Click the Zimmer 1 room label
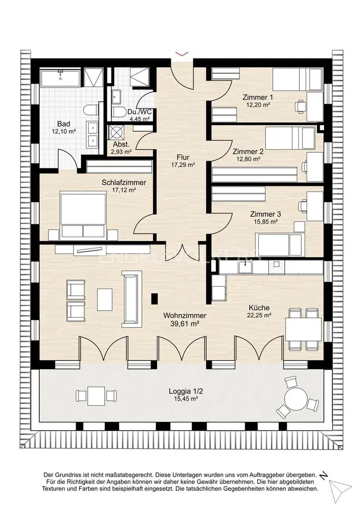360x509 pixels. coord(258,97)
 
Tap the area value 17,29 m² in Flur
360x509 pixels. coord(183,165)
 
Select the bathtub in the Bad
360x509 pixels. coord(61,78)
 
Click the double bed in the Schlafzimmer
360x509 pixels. coord(84,215)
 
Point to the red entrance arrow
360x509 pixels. coord(182,54)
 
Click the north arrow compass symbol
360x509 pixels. coord(339,487)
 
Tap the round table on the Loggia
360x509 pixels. coord(295,399)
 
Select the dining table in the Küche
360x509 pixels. coord(303,329)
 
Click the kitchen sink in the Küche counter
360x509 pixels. coord(246,268)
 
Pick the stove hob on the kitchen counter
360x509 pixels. coord(277,268)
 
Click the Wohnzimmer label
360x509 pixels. coord(185,316)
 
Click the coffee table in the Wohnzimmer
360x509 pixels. coord(105,299)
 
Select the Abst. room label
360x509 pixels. coord(121,145)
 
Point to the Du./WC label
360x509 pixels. coord(140,112)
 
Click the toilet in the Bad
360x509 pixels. coord(91,110)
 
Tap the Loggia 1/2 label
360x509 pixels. coord(183,391)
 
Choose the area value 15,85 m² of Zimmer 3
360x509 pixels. coord(265,222)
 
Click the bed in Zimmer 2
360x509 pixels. coord(290,137)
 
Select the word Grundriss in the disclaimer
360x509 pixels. coord(69,475)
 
